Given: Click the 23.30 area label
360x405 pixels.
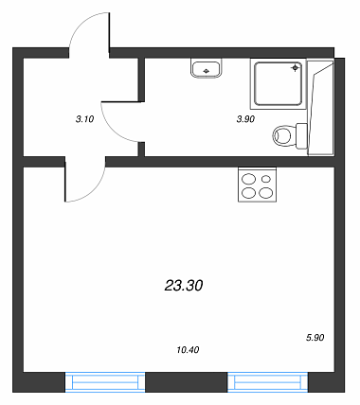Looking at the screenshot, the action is point(184,286).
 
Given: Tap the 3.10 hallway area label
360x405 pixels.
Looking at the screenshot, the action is point(85,119).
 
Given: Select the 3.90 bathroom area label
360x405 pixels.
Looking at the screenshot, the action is point(245,119).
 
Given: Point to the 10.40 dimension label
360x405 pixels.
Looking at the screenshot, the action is point(188,350).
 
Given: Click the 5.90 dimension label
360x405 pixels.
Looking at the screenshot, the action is point(315,338).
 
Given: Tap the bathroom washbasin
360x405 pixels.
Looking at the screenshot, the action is point(206,69).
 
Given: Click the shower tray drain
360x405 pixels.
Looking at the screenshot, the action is point(295,68).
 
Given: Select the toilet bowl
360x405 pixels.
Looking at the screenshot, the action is point(282,136).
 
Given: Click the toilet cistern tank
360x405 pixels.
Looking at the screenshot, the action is point(301,136).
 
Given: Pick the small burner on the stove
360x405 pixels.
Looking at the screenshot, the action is point(266,179).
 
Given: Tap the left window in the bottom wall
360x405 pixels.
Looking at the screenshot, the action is point(105,382).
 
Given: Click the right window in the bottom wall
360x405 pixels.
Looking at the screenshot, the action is point(268,382).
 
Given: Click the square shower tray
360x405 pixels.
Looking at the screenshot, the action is point(279,83).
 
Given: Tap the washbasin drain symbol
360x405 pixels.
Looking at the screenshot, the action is point(206,71).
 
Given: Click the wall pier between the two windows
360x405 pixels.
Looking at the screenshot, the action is point(187,382).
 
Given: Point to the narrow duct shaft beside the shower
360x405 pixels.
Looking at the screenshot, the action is point(321,107).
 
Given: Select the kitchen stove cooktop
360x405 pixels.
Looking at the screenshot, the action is point(257,185).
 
